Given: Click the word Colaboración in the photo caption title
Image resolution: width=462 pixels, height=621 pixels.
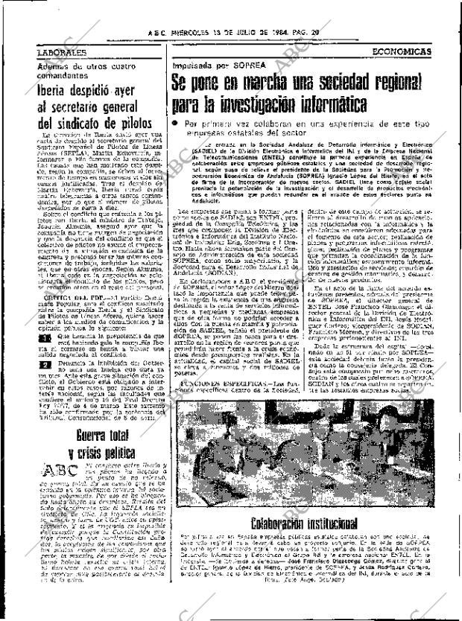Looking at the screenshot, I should tap(282, 524).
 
